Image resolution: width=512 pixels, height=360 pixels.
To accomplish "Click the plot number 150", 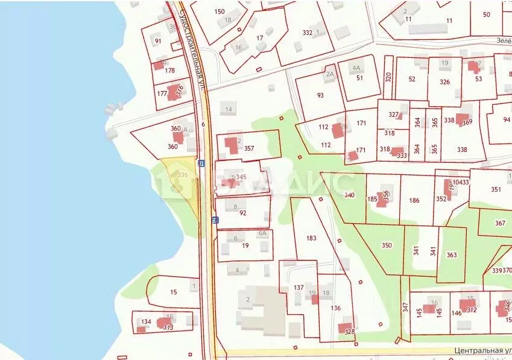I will tap(220, 11).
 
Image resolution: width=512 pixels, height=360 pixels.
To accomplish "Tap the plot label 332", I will tap(308, 33).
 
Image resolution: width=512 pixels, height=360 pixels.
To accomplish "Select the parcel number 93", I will tap(320, 95).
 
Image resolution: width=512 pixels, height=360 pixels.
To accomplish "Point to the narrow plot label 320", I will tap(388, 77).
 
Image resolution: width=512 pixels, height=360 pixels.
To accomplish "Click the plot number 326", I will tap(444, 81).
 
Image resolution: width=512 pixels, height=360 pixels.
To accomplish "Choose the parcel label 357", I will tap(249, 148).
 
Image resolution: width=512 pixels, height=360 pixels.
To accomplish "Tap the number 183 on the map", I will tap(311, 238).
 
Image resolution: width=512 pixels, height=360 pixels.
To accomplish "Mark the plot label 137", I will tap(299, 288).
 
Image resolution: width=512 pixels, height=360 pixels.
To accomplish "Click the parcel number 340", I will tap(349, 195).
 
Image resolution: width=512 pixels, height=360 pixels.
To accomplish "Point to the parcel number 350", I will tap(387, 245).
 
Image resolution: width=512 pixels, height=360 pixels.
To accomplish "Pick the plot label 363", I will tap(452, 255).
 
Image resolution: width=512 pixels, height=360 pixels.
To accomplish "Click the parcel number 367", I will tap(500, 223).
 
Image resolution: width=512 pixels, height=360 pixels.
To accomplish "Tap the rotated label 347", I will tap(405, 308).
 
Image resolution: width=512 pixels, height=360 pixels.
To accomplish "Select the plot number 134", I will tap(146, 322).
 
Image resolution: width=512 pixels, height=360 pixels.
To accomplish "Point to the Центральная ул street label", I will tap(482, 350).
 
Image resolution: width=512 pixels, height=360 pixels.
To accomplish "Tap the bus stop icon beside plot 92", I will tap(214, 220).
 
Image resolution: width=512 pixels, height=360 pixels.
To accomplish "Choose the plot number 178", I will tap(169, 71).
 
